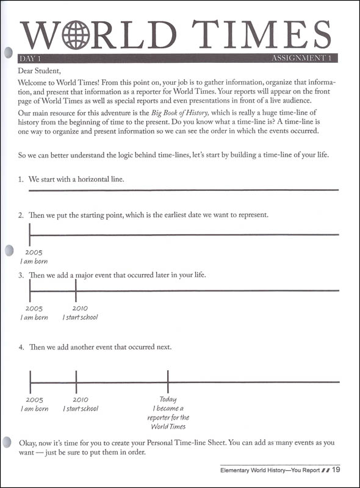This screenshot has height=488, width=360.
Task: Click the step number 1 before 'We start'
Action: [x=20, y=180]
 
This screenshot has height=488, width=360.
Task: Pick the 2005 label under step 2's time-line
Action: [x=34, y=252]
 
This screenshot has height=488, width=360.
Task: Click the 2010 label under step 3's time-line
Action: [x=80, y=308]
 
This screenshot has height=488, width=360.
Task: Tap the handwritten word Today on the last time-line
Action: [x=168, y=400]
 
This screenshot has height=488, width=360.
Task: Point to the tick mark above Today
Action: [x=168, y=382]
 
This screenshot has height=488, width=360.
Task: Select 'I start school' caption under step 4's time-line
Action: [x=81, y=409]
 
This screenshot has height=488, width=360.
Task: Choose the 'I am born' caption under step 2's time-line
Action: [x=34, y=261]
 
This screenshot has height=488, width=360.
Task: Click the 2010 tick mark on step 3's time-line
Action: [x=76, y=290]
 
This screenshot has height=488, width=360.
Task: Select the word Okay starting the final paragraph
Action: [x=28, y=442]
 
